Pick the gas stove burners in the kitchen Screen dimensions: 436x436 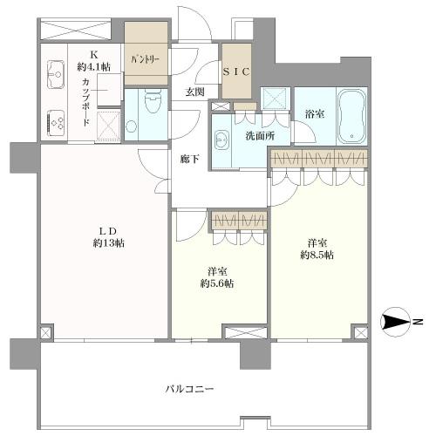[55, 123]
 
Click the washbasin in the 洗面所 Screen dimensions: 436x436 [221, 140]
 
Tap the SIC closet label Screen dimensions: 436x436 [236, 73]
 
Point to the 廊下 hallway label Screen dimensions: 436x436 [189, 160]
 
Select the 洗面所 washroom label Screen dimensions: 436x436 [259, 136]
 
